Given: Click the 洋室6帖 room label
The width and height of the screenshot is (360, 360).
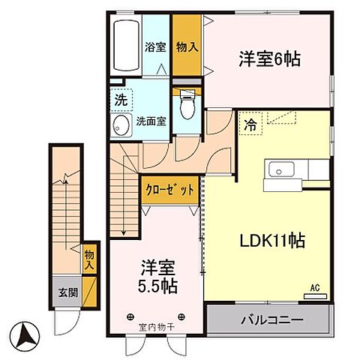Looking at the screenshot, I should point(269,58).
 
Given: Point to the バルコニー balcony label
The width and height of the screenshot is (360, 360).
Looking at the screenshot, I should point(271,320).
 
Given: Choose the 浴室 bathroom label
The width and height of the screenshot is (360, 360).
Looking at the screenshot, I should point(155,46).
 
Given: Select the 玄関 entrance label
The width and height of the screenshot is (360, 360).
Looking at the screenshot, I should point(66,292).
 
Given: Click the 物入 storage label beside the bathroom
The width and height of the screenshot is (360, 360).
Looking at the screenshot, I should point(187,46).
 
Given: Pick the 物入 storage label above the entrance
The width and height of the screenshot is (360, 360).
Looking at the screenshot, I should point(89,260).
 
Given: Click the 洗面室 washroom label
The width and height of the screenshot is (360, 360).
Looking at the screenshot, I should point(150,120).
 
